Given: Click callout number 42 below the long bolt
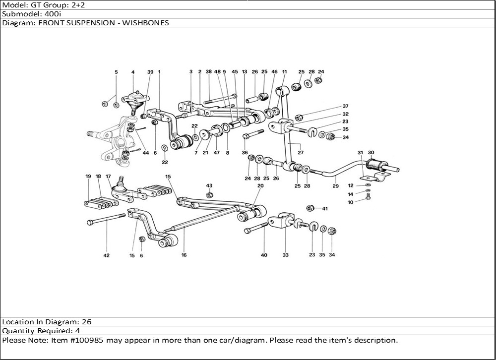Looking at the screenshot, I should [106, 255].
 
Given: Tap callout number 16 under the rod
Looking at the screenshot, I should [184, 255].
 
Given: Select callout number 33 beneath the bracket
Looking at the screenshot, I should [285, 255].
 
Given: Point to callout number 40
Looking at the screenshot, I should [264, 255].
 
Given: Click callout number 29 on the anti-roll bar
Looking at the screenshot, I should [336, 186].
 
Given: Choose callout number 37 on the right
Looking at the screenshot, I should [345, 106].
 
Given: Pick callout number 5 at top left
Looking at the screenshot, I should [117, 72].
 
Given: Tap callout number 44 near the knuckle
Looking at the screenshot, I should [146, 153].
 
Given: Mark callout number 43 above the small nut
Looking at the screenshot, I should [209, 185].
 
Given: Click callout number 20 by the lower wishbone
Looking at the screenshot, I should [260, 185].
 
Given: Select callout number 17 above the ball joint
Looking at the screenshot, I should [108, 177].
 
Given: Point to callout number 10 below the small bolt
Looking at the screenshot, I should [351, 202].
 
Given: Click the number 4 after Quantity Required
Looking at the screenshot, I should [78, 331].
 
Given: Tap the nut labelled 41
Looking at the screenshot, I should [311, 208].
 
